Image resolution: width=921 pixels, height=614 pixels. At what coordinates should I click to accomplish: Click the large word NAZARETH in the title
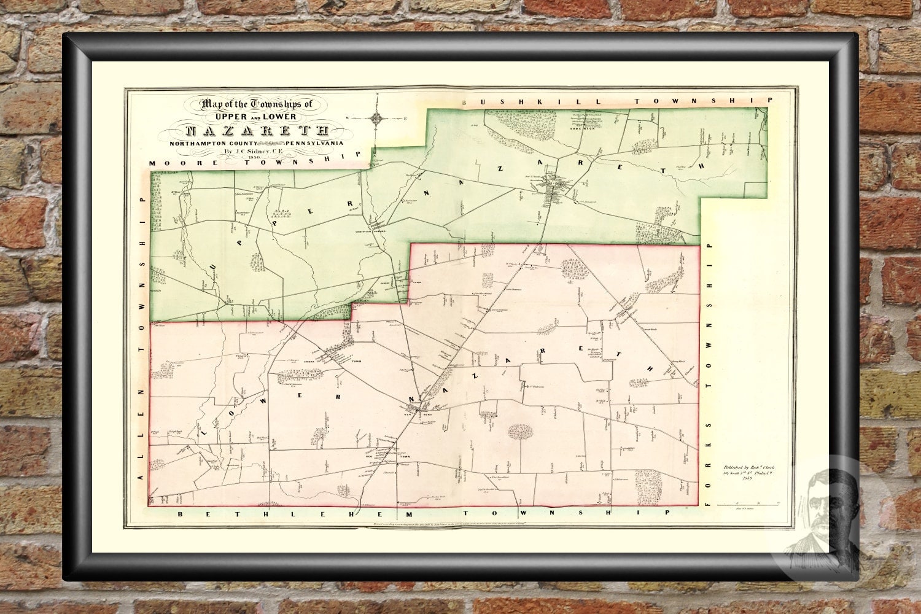(256, 130)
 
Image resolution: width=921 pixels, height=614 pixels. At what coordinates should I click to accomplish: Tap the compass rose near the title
(378, 117)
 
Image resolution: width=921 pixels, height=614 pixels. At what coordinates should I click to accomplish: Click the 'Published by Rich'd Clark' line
(748, 467)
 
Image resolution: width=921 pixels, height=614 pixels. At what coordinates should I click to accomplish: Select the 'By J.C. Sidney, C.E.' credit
(254, 151)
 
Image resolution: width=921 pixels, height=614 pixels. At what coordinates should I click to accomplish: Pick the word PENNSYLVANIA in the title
(313, 142)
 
